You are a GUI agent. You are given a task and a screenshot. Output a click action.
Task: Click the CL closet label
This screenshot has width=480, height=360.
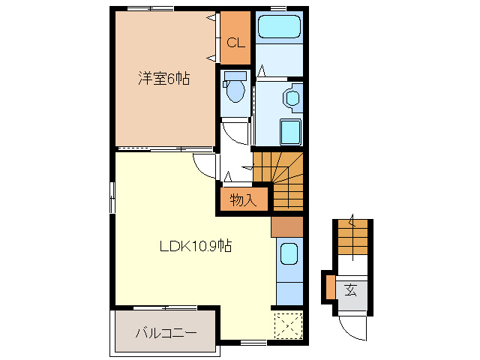click(235, 42)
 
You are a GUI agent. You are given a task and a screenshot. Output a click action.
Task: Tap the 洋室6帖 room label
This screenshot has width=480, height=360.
click(163, 79)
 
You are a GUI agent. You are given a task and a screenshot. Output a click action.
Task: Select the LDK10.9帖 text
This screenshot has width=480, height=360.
click(194, 245)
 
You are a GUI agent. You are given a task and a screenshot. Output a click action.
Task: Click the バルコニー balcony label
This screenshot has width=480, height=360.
click(166, 332)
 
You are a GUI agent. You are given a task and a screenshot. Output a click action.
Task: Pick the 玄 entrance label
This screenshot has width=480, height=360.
click(350, 289)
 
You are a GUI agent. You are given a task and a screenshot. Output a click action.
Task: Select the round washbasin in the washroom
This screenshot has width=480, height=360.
click(292, 98)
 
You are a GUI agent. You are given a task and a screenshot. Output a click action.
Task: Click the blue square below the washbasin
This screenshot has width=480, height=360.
click(290, 132)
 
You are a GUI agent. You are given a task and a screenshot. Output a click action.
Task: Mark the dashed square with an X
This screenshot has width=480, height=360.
click(288, 324)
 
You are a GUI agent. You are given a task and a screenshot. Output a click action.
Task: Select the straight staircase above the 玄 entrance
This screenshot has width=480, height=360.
click(353, 238)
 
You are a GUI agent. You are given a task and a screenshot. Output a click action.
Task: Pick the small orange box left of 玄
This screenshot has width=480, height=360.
click(329, 286)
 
